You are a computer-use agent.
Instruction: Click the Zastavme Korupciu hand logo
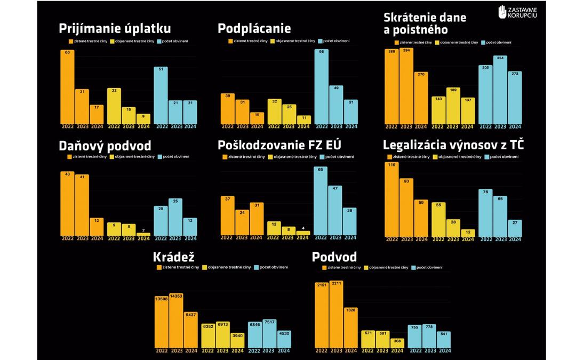point(502,12)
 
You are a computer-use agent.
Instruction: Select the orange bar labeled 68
point(67,88)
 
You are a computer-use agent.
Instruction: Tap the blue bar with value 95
point(321,88)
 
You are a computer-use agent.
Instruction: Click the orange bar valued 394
point(406,88)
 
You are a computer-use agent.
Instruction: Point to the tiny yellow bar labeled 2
point(143,234)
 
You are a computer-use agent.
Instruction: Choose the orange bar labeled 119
point(391,201)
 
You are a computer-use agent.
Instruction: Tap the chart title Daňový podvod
point(105,146)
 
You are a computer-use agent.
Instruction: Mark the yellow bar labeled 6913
point(222,334)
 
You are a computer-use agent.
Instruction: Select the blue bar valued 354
point(500,91)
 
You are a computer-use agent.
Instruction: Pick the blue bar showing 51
point(161,96)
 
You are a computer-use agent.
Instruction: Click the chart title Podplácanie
point(254,29)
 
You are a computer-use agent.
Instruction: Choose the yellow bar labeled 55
point(438,220)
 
